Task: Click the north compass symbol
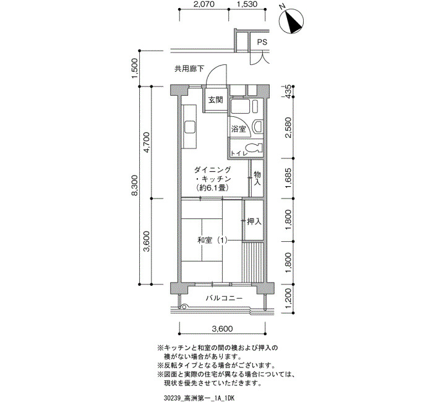291,21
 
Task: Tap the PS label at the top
262,42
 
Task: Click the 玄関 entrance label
215,100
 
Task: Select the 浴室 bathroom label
238,129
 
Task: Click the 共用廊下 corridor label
189,69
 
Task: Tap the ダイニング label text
212,169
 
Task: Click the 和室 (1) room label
212,241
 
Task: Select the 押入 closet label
254,221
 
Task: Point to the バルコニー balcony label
224,298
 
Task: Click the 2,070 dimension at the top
204,4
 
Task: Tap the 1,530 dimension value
247,4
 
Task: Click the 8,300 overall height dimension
134,186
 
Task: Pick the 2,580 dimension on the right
288,127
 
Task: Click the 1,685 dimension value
288,178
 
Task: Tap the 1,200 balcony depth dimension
288,299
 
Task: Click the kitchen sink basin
190,128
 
